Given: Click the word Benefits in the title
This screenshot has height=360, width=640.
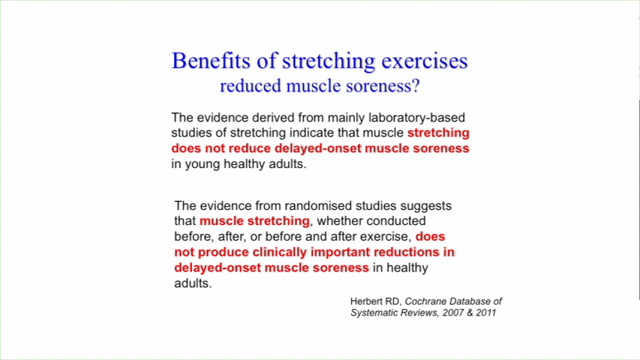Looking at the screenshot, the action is pos(211,61).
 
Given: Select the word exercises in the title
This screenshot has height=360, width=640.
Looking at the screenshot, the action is pos(425,61).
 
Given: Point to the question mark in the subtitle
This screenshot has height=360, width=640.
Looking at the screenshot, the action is pos(416,85).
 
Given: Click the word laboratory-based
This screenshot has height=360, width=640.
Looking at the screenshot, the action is pos(416,118).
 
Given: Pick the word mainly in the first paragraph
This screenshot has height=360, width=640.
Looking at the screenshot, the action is pos(347,118).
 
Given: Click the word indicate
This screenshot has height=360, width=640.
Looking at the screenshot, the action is pos(311,133).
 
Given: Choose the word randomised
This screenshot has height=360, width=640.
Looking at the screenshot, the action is pos(318,205).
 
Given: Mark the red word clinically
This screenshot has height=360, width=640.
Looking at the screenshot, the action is pos(279,252).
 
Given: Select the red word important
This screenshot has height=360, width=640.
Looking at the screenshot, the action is pos(339,252).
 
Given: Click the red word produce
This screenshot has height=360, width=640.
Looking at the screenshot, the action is pos(224,253).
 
